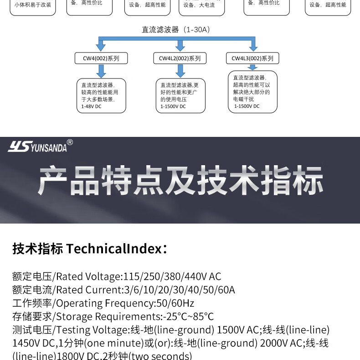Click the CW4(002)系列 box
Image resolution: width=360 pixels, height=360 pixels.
tap(101, 58)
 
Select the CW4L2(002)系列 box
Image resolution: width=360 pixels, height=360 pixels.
tap(180, 58)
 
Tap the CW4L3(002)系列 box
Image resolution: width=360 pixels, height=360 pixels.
tap(252, 58)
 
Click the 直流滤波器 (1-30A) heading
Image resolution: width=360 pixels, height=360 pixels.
tap(175, 30)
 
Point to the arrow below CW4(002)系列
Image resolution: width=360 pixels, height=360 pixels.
tap(101, 70)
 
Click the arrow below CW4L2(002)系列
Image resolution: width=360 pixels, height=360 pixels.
tap(180, 70)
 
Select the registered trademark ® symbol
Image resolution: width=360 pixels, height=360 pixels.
tap(70, 142)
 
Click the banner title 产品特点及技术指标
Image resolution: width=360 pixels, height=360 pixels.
tap(180, 181)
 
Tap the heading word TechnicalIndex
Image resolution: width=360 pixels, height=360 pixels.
tap(113, 249)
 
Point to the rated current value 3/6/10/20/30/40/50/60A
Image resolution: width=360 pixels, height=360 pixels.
tap(180, 290)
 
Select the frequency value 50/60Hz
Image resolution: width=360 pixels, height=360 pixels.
tap(175, 303)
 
